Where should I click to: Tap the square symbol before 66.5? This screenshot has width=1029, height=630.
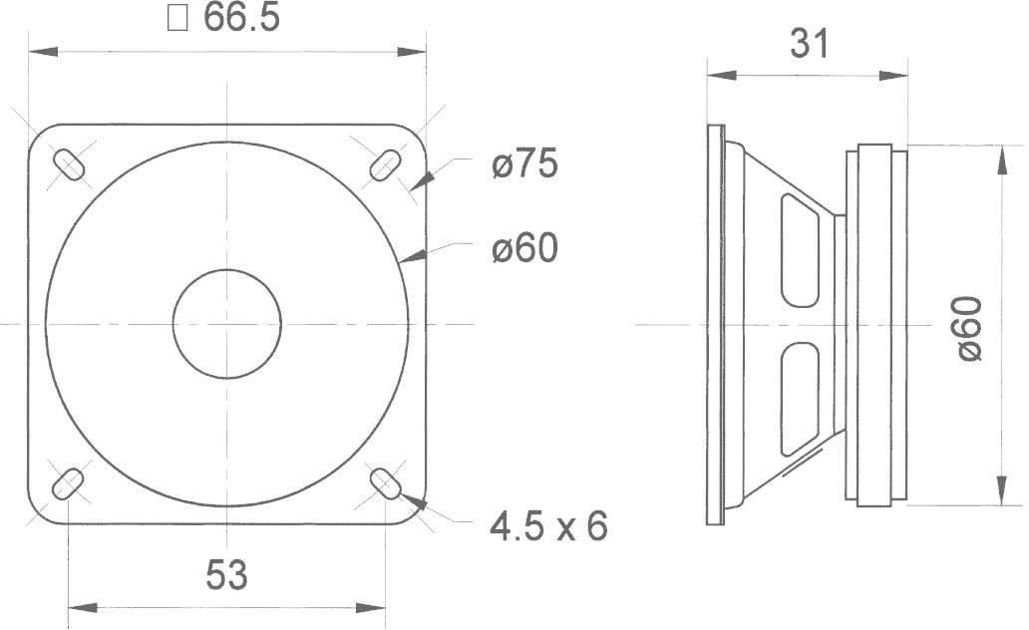click(x=178, y=21)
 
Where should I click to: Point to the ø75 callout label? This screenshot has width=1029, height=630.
click(x=523, y=164)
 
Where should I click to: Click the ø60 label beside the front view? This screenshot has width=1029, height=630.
click(x=523, y=249)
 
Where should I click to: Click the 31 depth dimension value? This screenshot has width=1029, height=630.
click(x=809, y=43)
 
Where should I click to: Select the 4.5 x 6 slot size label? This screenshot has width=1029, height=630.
click(x=548, y=525)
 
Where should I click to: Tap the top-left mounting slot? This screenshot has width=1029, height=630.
click(x=70, y=163)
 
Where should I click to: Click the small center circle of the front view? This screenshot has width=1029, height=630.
click(x=227, y=323)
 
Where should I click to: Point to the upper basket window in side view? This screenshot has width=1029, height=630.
click(x=799, y=250)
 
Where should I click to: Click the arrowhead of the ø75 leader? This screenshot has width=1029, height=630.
click(x=424, y=179)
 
